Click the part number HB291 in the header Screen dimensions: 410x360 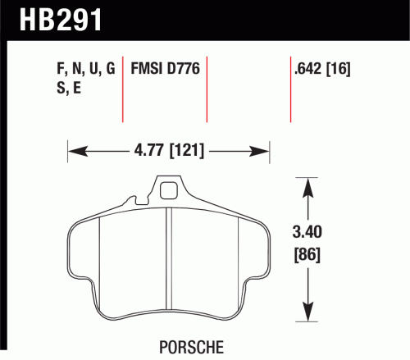point(61,20)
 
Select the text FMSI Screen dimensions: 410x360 point(146,68)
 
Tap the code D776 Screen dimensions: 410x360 point(184,68)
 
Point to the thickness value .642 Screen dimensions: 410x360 point(307,68)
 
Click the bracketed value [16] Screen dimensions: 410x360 point(339,69)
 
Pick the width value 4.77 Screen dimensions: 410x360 point(148,150)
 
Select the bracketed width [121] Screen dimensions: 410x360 point(187,150)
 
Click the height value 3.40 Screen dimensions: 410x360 point(307,232)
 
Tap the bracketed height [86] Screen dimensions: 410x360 point(307,255)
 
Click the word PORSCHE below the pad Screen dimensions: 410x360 point(191,347)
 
